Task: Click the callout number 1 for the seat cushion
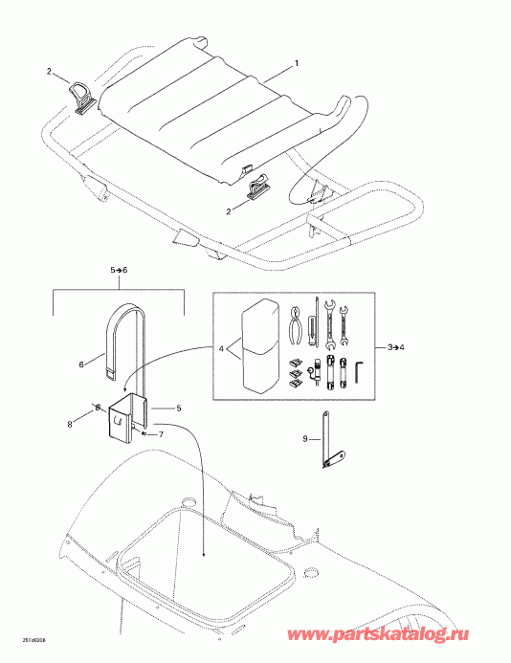coord(297,63)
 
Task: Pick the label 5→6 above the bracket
coord(118,272)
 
